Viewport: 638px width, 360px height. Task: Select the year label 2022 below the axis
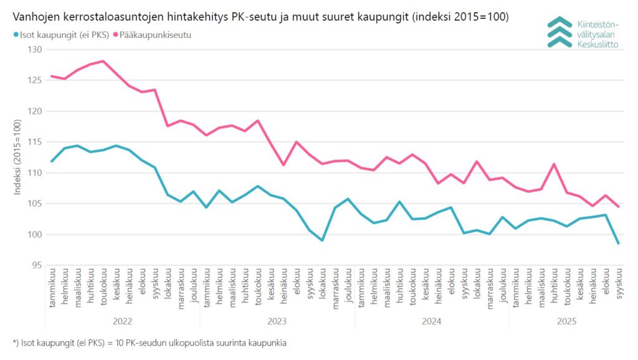coord(123,321)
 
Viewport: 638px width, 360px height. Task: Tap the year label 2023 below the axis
coord(277,321)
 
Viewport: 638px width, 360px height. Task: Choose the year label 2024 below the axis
coord(431,321)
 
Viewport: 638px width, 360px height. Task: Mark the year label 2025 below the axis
coord(566,321)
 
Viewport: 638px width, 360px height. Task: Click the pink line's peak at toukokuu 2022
coord(103,61)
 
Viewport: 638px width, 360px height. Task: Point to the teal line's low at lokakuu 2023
coord(322,240)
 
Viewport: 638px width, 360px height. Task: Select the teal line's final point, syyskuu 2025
coord(618,244)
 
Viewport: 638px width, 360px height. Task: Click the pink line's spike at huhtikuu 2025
coord(554,164)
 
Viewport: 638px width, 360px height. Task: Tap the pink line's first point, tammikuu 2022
coord(52,76)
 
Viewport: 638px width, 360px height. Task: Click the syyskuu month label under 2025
coord(619,287)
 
